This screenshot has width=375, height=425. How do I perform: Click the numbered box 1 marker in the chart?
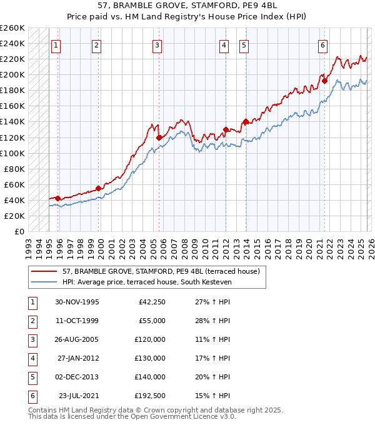pyautogui.click(x=56, y=44)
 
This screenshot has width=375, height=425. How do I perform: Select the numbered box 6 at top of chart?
pyautogui.click(x=322, y=44)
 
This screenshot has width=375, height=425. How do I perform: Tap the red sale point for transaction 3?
pyautogui.click(x=159, y=137)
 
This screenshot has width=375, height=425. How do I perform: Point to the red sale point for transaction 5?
pyautogui.click(x=246, y=122)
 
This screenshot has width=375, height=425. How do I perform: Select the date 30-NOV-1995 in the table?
pyautogui.click(x=77, y=302)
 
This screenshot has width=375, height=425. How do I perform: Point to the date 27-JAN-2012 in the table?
pyautogui.click(x=77, y=358)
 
